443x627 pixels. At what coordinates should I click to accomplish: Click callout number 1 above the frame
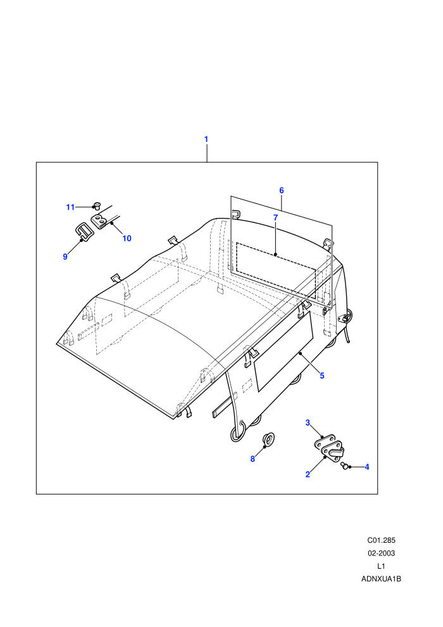(x=206, y=139)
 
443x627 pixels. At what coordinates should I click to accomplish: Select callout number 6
(x=282, y=191)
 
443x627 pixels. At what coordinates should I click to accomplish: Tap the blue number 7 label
(x=275, y=217)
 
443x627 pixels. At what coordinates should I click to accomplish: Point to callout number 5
(x=322, y=376)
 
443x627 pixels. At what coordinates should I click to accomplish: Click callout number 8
(x=253, y=459)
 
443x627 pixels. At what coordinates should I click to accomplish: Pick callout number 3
(x=308, y=422)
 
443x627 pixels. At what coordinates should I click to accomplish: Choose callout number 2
(x=308, y=474)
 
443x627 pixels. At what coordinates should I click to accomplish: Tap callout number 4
(x=366, y=467)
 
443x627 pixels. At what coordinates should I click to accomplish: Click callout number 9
(x=65, y=256)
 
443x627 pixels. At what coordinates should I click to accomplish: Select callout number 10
(x=127, y=238)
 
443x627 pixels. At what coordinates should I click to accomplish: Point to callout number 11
(x=70, y=207)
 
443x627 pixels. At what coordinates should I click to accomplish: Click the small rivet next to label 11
(x=96, y=206)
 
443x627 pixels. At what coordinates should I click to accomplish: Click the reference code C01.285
(x=381, y=540)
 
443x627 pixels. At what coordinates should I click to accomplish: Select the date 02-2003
(x=381, y=553)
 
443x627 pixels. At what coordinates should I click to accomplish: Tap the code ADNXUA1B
(x=381, y=579)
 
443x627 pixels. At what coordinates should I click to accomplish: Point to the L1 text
(x=381, y=566)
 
